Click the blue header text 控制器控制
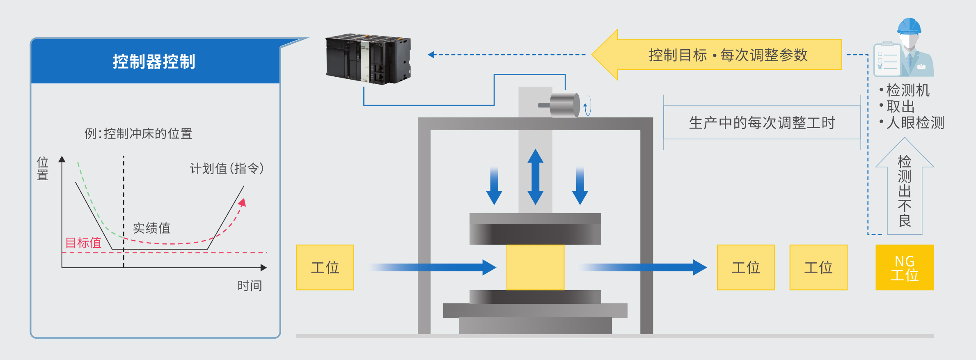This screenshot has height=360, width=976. click(154, 62)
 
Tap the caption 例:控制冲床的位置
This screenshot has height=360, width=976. click(138, 133)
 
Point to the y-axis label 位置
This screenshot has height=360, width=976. click(43, 168)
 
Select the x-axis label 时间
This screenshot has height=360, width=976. click(250, 285)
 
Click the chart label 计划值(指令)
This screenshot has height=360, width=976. click(227, 168)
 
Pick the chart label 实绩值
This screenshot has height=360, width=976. click(151, 228)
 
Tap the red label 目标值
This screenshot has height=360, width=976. click(83, 243)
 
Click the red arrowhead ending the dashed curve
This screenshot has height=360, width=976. click(243, 202)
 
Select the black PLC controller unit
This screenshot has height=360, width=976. click(368, 59)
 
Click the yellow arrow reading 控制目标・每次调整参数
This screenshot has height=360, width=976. click(722, 55)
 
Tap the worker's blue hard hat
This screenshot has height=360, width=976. click(909, 26)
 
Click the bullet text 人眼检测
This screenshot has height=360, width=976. click(915, 123)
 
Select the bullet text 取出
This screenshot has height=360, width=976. click(900, 106)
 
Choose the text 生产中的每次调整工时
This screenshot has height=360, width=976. click(762, 123)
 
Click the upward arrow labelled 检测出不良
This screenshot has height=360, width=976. click(905, 189)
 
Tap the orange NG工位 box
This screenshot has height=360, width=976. click(905, 268)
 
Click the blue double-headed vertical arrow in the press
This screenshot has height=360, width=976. click(535, 177)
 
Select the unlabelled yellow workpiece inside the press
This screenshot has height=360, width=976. click(535, 267)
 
